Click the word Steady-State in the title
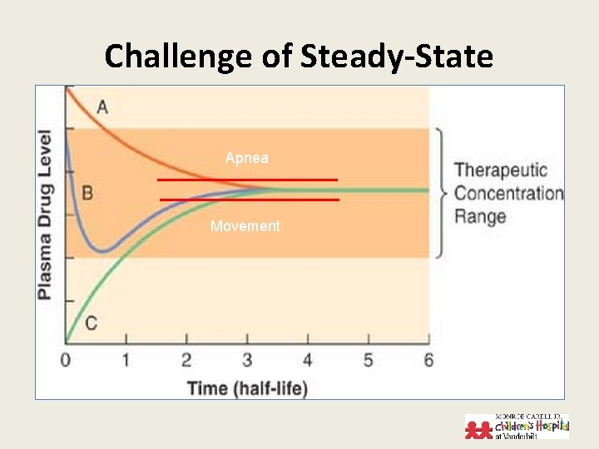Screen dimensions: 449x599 point(397,57)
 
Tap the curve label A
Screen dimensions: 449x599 point(102,106)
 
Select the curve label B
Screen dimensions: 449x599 point(87,193)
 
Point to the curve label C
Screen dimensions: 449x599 point(91,323)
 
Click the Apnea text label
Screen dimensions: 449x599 point(247,157)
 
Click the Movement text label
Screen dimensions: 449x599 point(245,226)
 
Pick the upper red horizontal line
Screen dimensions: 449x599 point(248,180)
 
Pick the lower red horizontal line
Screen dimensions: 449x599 point(250,200)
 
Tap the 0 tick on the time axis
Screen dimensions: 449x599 point(67,359)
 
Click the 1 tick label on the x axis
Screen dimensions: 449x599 point(126,359)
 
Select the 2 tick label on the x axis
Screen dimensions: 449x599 point(186,359)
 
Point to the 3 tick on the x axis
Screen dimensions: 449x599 point(247,359)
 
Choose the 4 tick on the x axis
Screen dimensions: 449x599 point(307,359)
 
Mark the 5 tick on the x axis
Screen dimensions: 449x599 point(368,359)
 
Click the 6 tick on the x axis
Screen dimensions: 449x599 point(428,359)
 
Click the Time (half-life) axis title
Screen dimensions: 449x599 point(247,387)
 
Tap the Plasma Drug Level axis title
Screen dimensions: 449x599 point(47,215)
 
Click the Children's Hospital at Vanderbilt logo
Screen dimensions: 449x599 point(517,426)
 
